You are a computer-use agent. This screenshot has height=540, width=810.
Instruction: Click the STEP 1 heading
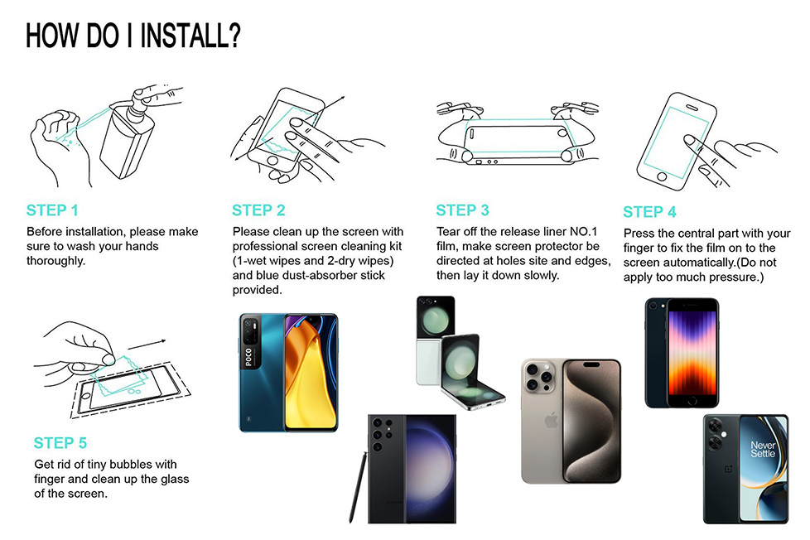click(52, 210)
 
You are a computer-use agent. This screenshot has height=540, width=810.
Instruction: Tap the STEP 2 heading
click(258, 210)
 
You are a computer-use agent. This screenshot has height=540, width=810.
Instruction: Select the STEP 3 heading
click(462, 210)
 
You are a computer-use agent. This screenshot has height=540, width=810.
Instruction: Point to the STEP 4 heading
click(649, 212)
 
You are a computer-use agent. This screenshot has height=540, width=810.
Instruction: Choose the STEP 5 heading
click(60, 443)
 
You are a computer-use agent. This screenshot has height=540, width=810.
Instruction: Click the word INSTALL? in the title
click(190, 36)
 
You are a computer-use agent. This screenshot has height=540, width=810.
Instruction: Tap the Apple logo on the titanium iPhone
click(552, 420)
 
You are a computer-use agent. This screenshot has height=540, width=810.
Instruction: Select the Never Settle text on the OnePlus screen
click(763, 449)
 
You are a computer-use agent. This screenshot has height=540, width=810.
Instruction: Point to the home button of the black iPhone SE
click(692, 401)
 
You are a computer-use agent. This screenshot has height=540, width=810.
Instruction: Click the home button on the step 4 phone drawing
click(662, 177)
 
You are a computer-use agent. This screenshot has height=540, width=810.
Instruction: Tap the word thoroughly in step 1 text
click(55, 261)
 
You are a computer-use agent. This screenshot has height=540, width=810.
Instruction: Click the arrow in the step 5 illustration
click(147, 345)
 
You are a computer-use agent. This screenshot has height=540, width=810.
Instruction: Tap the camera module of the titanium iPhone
click(538, 377)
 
